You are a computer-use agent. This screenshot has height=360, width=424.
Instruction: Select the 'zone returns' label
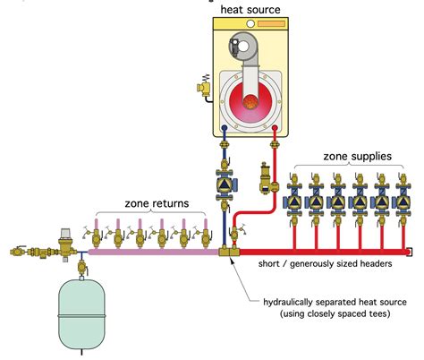coord(157,203)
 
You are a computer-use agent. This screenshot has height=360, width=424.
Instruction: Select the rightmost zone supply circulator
coord(392,201)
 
